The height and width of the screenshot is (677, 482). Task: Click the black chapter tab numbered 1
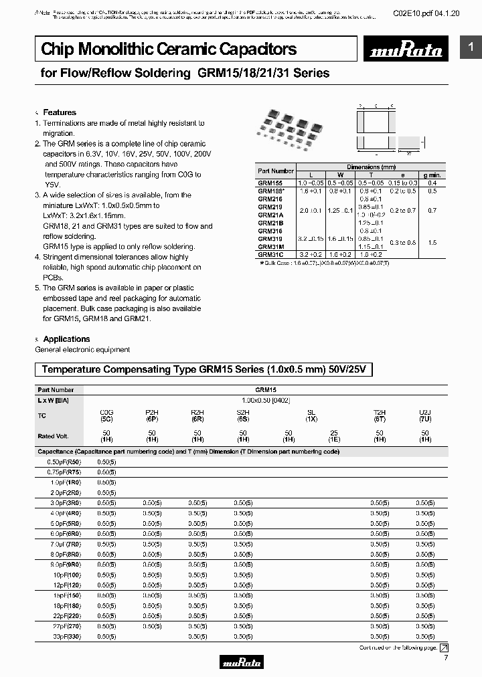tap(471, 47)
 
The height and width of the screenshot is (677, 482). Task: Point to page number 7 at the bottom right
tap(446, 659)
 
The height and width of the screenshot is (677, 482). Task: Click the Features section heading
tap(60, 112)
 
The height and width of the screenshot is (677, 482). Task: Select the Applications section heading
tap(66, 339)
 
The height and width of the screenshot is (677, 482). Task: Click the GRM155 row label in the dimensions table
tap(269, 183)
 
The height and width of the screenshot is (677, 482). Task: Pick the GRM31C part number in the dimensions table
tap(270, 255)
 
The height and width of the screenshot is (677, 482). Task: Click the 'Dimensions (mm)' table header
tap(371, 166)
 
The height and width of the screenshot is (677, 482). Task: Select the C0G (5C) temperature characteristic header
tap(106, 415)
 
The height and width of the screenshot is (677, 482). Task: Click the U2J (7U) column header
tap(425, 415)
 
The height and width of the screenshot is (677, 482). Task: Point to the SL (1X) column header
tap(311, 415)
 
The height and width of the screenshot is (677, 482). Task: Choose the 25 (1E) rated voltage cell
tap(333, 437)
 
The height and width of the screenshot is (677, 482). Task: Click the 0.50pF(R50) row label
tap(65, 462)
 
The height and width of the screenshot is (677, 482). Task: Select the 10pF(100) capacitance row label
tap(67, 574)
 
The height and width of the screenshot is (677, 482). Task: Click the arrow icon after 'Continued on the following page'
tap(443, 648)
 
